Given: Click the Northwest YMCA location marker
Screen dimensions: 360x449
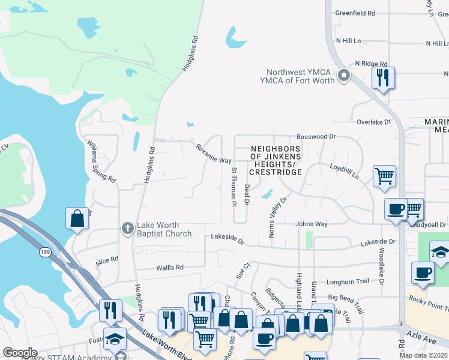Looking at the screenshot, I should tap(344, 76).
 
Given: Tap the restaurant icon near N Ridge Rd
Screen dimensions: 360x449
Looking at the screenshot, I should tap(382, 77).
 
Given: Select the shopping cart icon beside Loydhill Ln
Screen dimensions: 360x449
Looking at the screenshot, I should tap(384, 176).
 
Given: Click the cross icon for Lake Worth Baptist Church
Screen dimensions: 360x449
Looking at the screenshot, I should tap(127, 228).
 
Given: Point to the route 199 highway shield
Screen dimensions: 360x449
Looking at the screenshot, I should tap(45, 253).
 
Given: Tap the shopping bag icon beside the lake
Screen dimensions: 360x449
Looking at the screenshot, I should tap(77, 218).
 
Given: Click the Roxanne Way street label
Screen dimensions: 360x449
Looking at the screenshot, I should tap(213, 154).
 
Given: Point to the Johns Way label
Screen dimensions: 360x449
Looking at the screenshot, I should tap(312, 224).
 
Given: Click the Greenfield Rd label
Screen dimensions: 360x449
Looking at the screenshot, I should tap(355, 13).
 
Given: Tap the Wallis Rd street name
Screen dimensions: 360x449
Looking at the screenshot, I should tap(170, 268).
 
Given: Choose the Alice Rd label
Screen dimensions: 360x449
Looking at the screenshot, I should tap(107, 262).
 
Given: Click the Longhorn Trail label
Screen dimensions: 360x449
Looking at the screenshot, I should tap(348, 281).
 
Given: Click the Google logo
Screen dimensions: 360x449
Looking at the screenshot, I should tap(20, 353).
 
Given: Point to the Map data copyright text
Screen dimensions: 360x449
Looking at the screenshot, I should tap(423, 355).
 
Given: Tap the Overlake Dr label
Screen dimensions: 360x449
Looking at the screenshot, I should tap(373, 122).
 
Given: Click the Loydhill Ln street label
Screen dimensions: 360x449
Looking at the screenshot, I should tap(343, 172).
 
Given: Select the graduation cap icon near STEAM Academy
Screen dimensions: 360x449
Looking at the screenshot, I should tap(115, 338).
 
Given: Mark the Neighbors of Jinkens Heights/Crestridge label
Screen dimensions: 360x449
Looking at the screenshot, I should tap(275, 160).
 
